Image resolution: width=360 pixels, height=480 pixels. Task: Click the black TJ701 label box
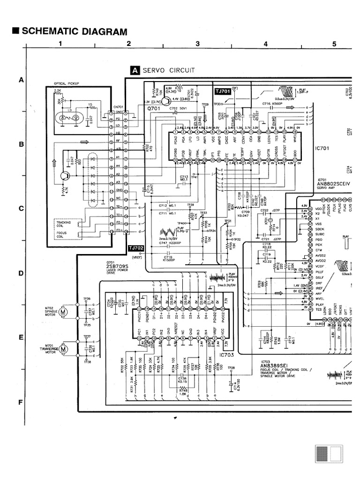coord(223,92)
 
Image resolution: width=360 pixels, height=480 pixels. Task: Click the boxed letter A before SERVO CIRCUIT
coord(135,71)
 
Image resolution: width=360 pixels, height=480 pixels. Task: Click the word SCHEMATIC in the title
coord(51,32)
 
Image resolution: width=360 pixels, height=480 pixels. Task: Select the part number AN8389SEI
coord(277,368)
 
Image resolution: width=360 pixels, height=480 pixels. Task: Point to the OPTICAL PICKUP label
coord(67,83)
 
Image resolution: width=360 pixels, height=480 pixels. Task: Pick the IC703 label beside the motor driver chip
coord(226,355)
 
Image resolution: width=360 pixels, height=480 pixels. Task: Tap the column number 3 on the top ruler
coord(197,44)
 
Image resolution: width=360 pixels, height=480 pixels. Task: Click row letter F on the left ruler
coord(21,402)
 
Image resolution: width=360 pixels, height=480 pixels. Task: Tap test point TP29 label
coord(204,104)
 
